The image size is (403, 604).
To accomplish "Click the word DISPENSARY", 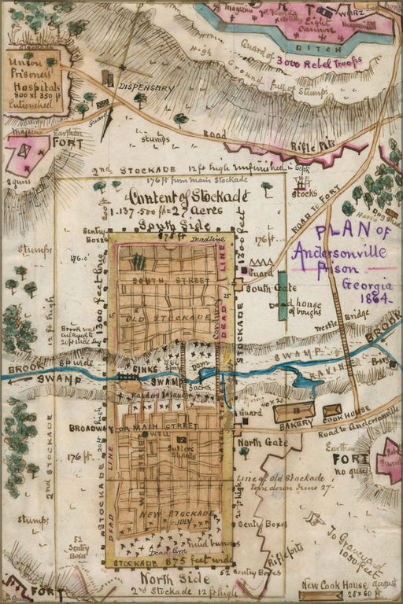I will (146, 88).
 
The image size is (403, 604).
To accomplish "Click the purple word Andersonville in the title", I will (339, 252).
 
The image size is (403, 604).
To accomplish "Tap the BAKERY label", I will (295, 423).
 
